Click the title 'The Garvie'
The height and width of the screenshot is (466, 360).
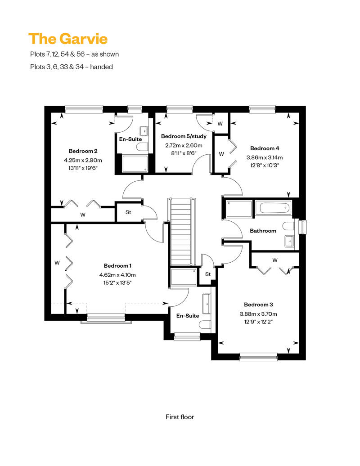[x=68, y=39]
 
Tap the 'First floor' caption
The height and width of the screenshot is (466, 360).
[x=180, y=417]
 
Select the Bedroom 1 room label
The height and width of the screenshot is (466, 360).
[x=117, y=266]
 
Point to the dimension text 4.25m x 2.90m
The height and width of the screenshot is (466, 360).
[x=83, y=160]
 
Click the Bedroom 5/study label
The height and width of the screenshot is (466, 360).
[x=184, y=136]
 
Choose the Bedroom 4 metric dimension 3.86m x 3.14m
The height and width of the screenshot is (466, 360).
[x=265, y=157]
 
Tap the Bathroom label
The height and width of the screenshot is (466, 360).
[x=263, y=231]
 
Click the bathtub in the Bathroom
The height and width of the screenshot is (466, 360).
[x=275, y=208]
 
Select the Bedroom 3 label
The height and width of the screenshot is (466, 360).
[x=258, y=305]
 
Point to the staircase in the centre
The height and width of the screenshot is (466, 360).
[x=181, y=232]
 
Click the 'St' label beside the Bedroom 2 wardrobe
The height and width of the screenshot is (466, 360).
[x=128, y=212]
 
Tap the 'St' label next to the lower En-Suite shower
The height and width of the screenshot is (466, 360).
[x=208, y=274]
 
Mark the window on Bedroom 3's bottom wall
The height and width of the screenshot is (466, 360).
[x=258, y=357]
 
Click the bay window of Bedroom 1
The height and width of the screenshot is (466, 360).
[x=106, y=318]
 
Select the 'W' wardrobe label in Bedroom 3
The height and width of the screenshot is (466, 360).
[x=274, y=260]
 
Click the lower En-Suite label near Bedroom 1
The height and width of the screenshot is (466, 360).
[x=188, y=316]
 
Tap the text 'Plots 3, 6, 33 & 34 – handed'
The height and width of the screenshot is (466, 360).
[x=72, y=67]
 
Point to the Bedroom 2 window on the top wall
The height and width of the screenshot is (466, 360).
[x=84, y=109]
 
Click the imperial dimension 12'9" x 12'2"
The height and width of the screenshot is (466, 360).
[x=258, y=322]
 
